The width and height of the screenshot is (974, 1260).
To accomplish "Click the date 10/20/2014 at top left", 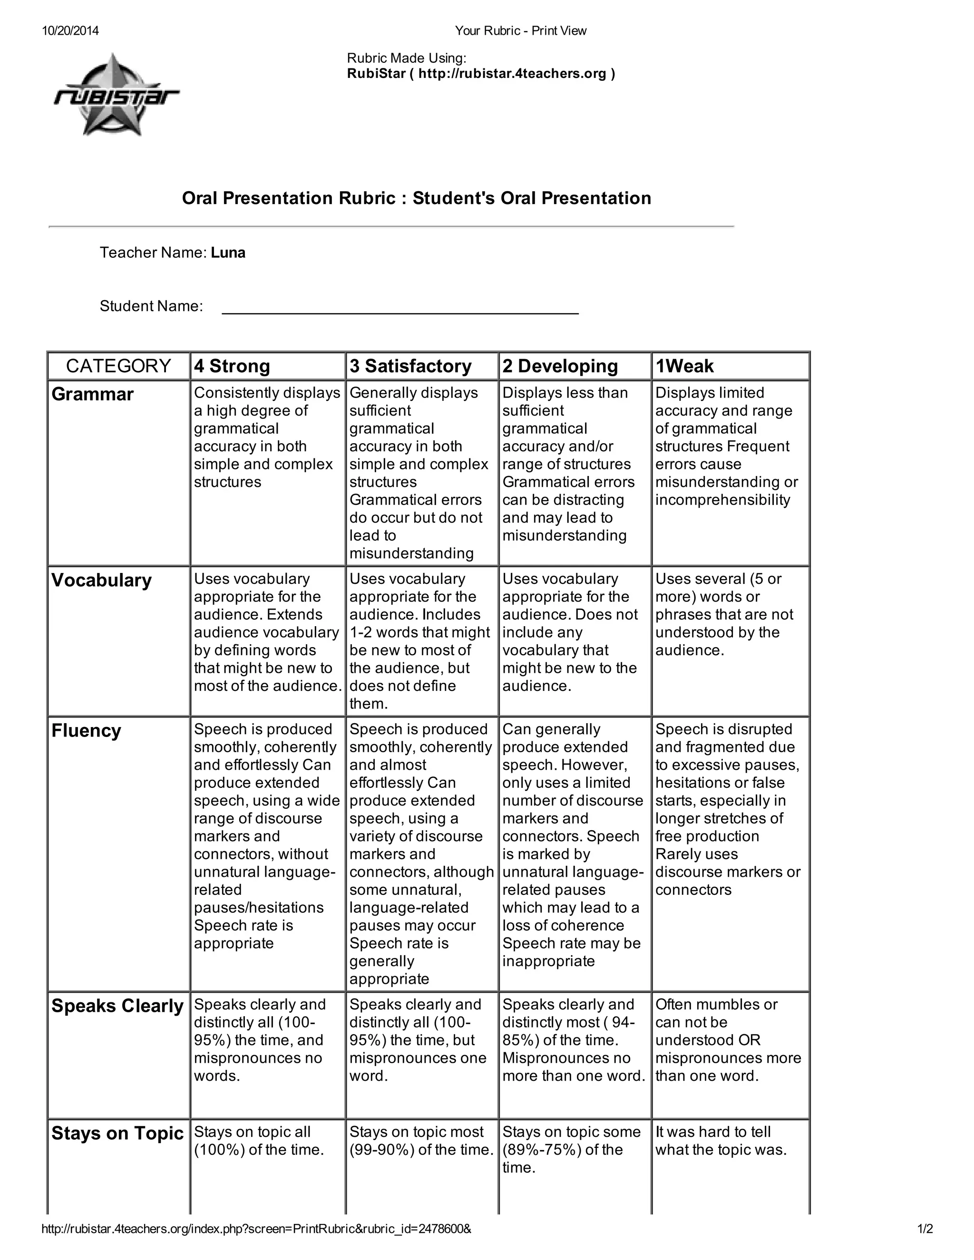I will pyautogui.click(x=70, y=30).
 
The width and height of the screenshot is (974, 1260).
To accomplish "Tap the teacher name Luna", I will pyautogui.click(x=228, y=252).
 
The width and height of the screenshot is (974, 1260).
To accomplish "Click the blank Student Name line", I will pyautogui.click(x=400, y=306).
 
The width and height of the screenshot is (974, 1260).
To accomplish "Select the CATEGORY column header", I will pyautogui.click(x=118, y=366).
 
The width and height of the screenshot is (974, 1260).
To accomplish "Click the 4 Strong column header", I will pyautogui.click(x=232, y=366).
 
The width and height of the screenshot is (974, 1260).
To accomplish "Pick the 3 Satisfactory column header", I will pyautogui.click(x=410, y=366).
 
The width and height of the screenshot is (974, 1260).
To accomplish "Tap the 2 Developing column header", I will pyautogui.click(x=560, y=366).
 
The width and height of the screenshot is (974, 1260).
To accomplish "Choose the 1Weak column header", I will pyautogui.click(x=684, y=366).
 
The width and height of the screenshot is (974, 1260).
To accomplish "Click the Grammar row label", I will pyautogui.click(x=92, y=394).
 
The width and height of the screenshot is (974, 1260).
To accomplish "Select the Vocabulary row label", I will pyautogui.click(x=102, y=580).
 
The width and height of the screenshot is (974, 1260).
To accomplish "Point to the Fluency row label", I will pyautogui.click(x=86, y=730).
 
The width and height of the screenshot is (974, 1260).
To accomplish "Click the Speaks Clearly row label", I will pyautogui.click(x=117, y=1006).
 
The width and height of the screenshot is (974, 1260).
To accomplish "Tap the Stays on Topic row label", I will pyautogui.click(x=117, y=1133).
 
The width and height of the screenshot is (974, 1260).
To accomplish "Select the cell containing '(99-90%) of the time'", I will pyautogui.click(x=421, y=1141).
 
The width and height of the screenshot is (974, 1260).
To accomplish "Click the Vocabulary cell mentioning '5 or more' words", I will pyautogui.click(x=724, y=614).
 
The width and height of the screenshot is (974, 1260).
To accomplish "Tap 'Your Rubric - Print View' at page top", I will pyautogui.click(x=520, y=30).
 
